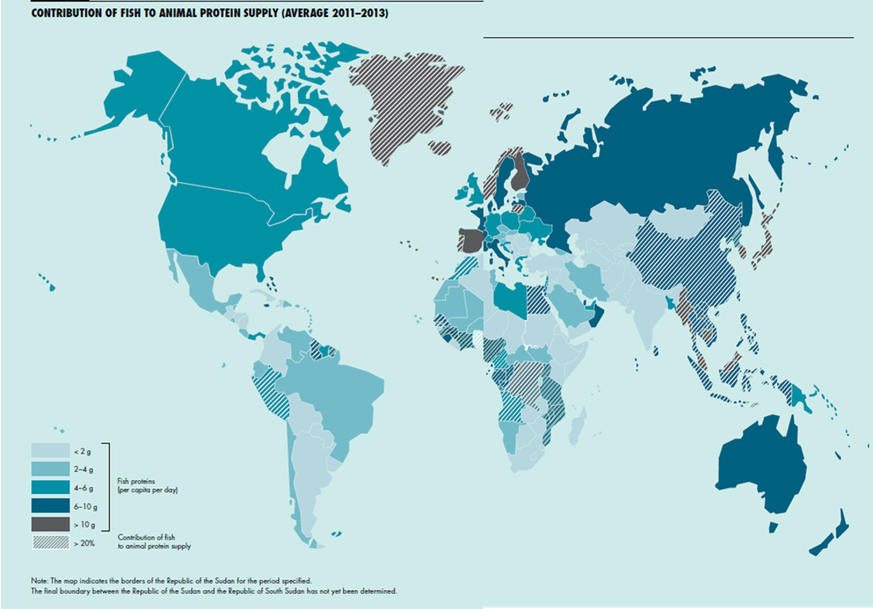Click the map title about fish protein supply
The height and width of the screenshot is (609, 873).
(x=208, y=14)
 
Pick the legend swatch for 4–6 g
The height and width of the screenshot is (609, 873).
(x=50, y=488)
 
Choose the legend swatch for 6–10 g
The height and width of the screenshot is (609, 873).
(x=50, y=506)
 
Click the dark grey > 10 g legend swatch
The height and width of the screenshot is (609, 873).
(x=50, y=524)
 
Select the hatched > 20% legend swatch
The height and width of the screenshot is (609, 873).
(x=50, y=542)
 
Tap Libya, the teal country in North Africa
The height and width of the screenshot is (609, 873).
(x=509, y=297)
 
